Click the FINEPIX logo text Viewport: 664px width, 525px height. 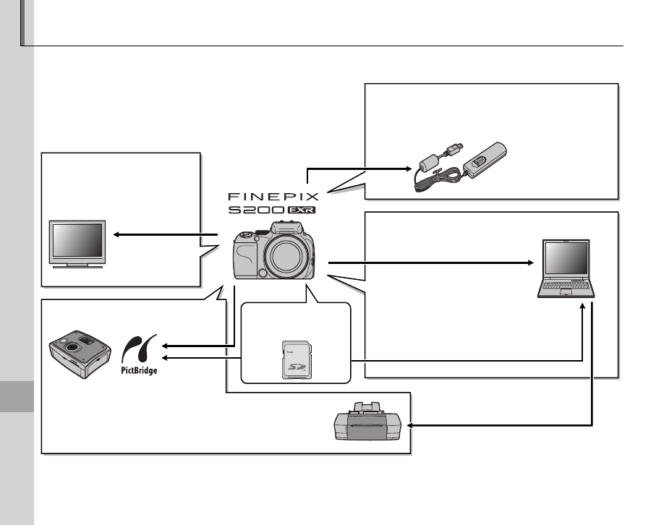(273, 195)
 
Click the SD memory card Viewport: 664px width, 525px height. (295, 359)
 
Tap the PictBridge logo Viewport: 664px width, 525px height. (138, 354)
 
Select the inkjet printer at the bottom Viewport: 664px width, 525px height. (369, 424)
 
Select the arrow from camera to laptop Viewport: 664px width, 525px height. (434, 262)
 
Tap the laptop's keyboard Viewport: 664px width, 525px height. (568, 288)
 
